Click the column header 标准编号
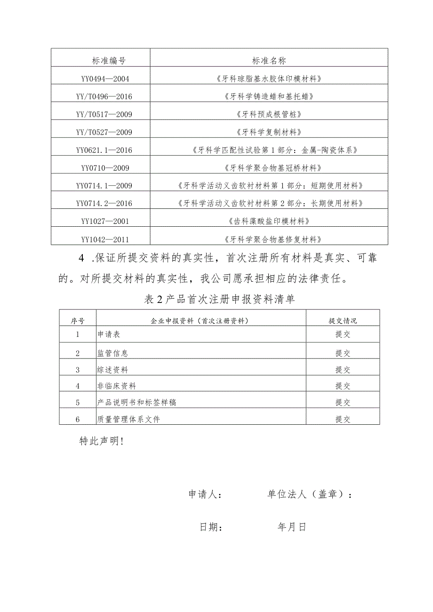point(109,60)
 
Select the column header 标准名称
point(269,60)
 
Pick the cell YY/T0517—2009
point(104,114)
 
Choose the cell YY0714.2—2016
point(104,203)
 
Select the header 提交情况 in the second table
point(343,321)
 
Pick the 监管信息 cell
point(112,353)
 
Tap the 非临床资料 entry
point(116,386)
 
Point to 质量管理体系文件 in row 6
point(128,419)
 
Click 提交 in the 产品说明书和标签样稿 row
point(343,403)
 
